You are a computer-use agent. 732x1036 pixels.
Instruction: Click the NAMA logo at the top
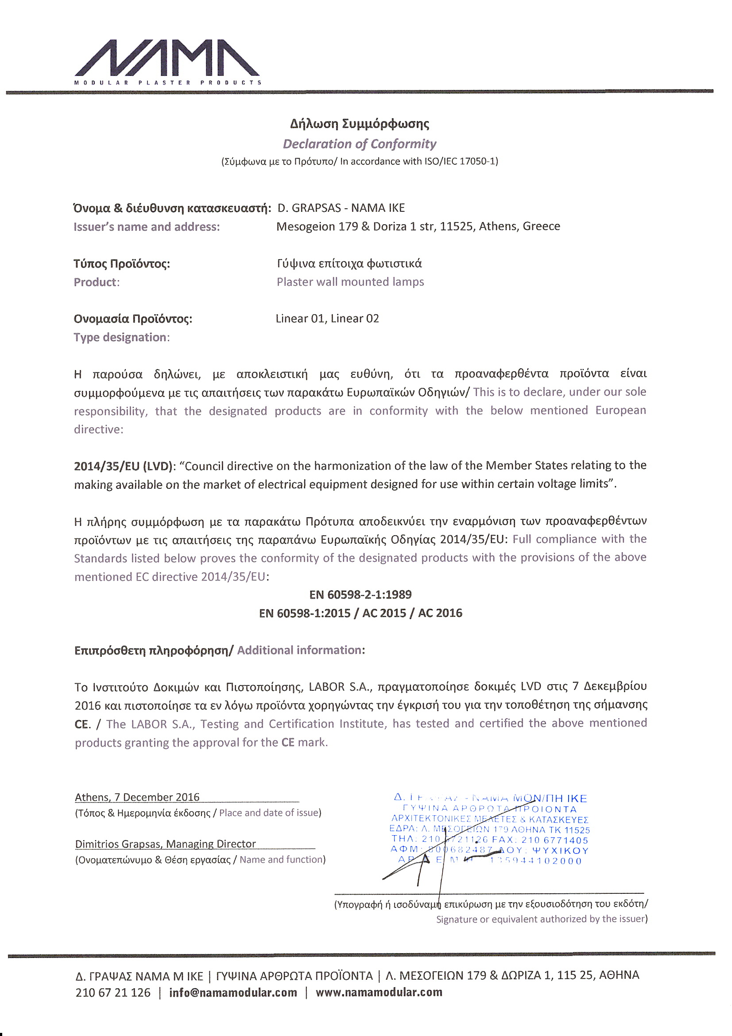tap(167, 61)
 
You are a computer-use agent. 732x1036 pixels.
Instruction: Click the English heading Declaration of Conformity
tap(360, 144)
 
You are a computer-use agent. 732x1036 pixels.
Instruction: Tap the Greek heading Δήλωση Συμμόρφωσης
tap(360, 124)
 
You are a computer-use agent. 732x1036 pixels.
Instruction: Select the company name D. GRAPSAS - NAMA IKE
tap(341, 208)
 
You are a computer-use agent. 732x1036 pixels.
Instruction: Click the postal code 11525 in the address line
tap(456, 226)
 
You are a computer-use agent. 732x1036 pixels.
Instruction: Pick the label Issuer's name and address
tap(147, 227)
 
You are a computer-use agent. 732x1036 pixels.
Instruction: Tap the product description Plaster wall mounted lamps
tap(350, 282)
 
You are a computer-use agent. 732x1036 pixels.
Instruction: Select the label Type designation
tap(121, 338)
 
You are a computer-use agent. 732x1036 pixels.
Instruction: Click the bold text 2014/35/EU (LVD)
tap(123, 466)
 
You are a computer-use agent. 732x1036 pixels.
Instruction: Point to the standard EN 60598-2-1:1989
tap(360, 595)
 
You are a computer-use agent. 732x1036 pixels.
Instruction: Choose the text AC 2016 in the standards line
tap(440, 613)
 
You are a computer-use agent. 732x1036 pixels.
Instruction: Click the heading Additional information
tap(301, 650)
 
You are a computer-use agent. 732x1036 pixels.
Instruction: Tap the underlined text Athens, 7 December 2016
tap(137, 797)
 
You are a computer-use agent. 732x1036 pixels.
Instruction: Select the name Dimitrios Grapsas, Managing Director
tap(166, 844)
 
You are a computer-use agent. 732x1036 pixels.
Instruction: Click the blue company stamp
tap(490, 830)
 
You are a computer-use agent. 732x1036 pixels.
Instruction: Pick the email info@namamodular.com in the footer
tap(233, 993)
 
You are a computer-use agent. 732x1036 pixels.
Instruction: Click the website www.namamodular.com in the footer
tap(379, 993)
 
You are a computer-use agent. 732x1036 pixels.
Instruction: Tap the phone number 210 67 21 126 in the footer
tap(113, 993)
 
